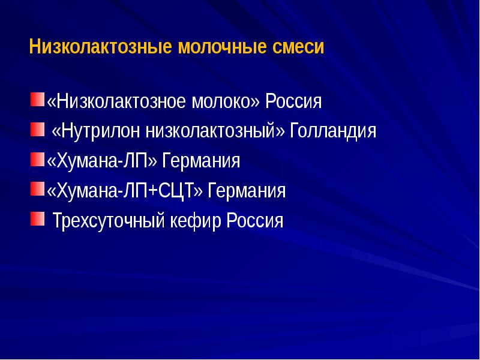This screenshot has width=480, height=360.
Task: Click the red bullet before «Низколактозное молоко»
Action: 37,99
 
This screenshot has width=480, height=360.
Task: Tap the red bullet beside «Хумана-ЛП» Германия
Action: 37,159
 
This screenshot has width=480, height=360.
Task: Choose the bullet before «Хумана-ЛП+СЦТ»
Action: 37,189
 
